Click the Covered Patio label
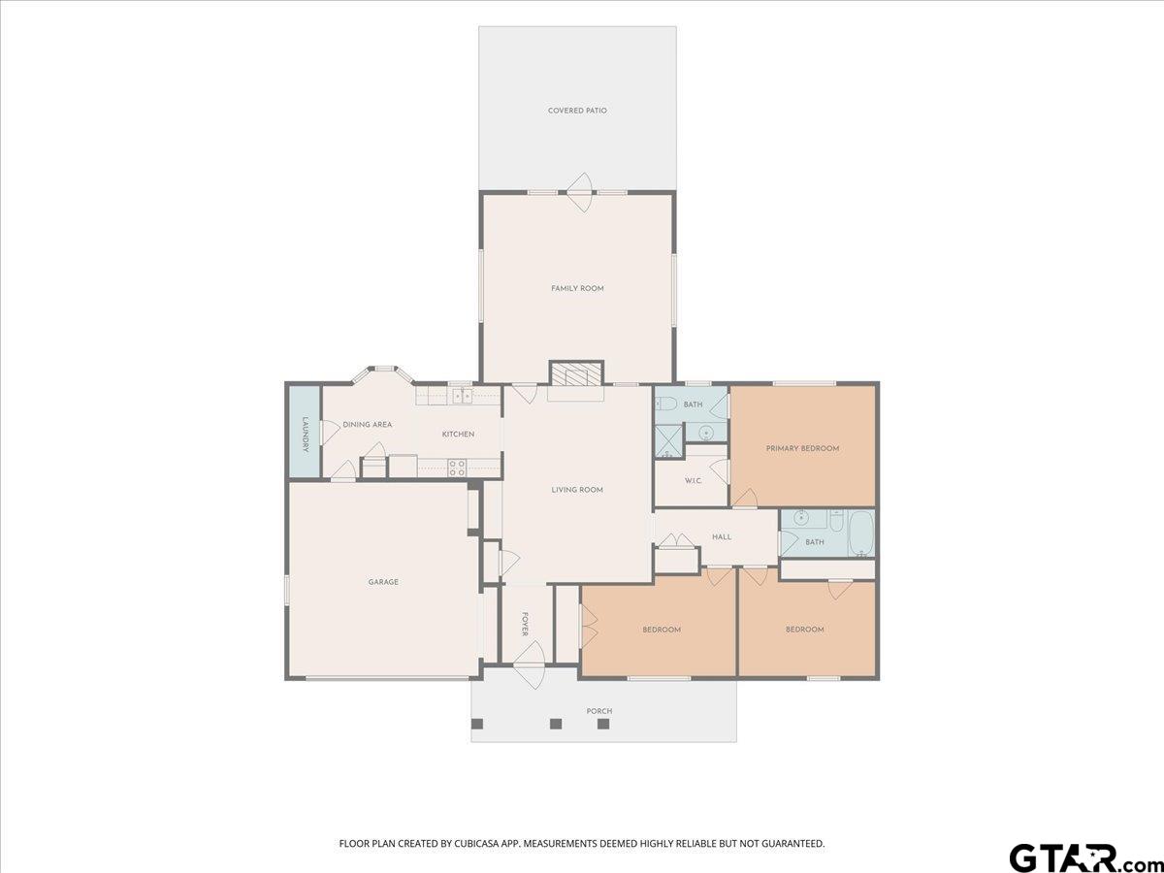[x=577, y=111]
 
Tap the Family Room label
[x=577, y=288]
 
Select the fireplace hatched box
[x=576, y=374]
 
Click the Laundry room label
[x=305, y=434]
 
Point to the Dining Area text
[x=367, y=425]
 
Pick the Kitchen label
[x=458, y=435]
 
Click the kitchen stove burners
[x=457, y=468]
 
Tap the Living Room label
[x=577, y=490]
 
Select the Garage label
[x=383, y=582]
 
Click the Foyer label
[x=525, y=625]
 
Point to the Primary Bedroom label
[x=802, y=448]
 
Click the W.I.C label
[x=693, y=481]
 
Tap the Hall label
[x=722, y=537]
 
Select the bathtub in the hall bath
[x=860, y=533]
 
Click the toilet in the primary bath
[x=665, y=404]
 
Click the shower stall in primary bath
[x=669, y=441]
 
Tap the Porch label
[x=599, y=711]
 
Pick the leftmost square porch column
[x=477, y=724]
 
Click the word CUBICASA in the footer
[x=475, y=843]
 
